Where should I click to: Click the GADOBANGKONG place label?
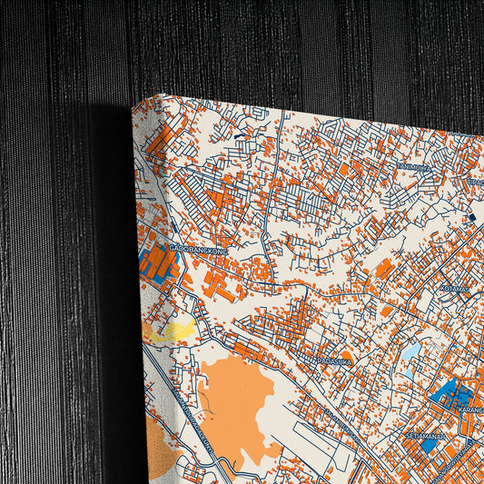[x=196, y=247]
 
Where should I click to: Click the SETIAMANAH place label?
[x=424, y=436]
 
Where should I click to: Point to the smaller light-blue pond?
[x=408, y=372]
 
